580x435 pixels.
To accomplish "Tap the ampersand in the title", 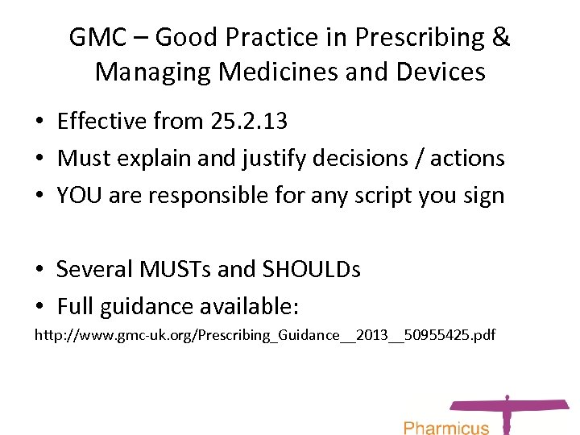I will pos(500,38).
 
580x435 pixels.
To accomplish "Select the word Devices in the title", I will pos(441,72).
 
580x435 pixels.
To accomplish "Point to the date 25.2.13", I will pos(247,122).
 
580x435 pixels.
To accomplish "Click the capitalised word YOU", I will pos(79,195).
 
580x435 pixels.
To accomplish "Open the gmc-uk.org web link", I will pos(264,334).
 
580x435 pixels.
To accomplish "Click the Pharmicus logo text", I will pos(445,426).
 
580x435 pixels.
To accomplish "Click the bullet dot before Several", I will pos(39,270).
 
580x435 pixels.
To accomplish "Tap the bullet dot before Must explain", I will pos(39,159).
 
